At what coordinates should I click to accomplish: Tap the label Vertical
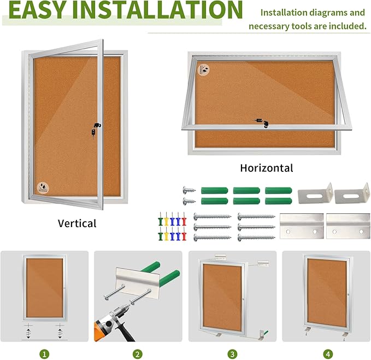click(x=77, y=223)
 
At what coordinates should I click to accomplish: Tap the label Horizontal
click(x=267, y=168)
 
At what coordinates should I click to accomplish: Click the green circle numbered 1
click(x=44, y=354)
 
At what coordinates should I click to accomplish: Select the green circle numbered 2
click(x=138, y=354)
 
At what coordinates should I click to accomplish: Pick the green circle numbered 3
click(x=232, y=354)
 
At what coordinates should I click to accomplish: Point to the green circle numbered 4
click(x=327, y=354)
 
